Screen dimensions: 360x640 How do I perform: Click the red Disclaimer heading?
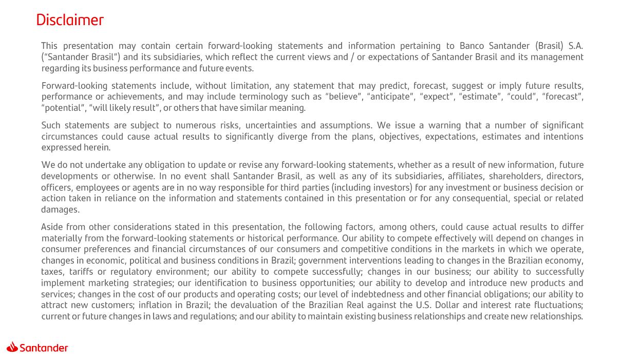70,20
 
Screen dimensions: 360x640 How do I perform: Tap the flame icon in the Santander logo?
12,347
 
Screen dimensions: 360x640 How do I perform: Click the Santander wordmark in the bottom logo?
44,348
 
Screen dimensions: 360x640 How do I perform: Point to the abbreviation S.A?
575,46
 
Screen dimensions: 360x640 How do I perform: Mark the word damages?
60,210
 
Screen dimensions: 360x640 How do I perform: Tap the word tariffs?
81,272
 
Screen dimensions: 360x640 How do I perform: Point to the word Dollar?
446,305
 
